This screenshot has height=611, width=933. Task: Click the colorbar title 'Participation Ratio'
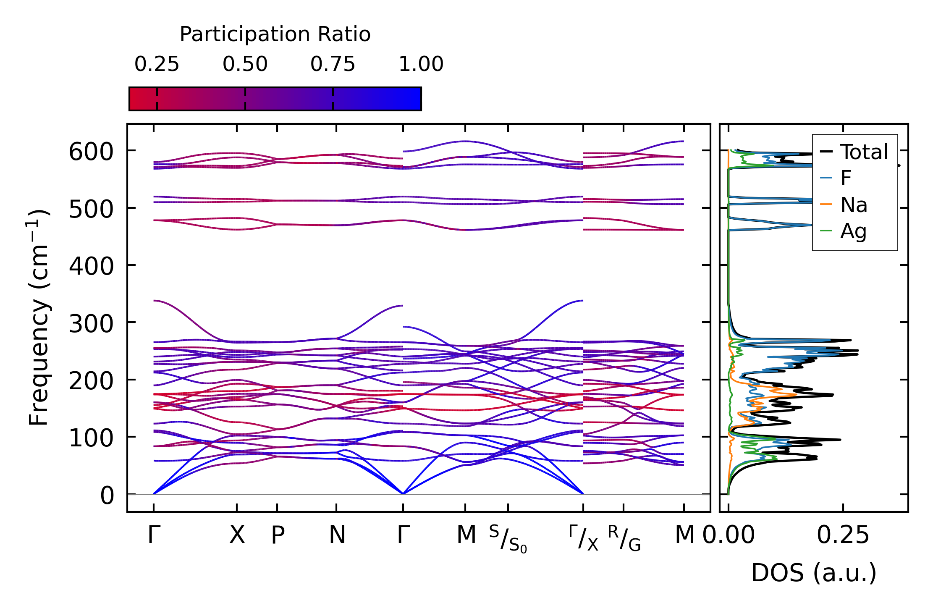click(275, 34)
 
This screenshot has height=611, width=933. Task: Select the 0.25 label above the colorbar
click(157, 64)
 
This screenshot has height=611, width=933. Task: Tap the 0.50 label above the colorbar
click(245, 64)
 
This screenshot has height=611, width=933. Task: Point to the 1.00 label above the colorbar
click(421, 64)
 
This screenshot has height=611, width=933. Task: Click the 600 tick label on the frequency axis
click(91, 152)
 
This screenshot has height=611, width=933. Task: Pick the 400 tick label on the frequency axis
click(91, 266)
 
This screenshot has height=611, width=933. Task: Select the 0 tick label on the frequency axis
click(107, 496)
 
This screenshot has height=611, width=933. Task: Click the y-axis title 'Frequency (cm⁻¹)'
click(39, 318)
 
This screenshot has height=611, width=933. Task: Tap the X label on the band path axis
click(237, 535)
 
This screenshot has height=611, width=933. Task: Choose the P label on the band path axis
click(278, 535)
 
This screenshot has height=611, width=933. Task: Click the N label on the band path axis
click(337, 535)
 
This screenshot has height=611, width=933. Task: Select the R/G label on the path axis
click(624, 538)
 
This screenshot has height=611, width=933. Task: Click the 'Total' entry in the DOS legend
click(864, 152)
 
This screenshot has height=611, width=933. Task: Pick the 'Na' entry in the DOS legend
click(854, 205)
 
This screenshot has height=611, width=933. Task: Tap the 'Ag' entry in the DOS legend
click(853, 231)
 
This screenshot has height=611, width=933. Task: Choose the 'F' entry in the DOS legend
click(846, 178)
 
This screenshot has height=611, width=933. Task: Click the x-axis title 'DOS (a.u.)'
click(814, 573)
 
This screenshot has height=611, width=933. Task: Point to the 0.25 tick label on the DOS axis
click(843, 535)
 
